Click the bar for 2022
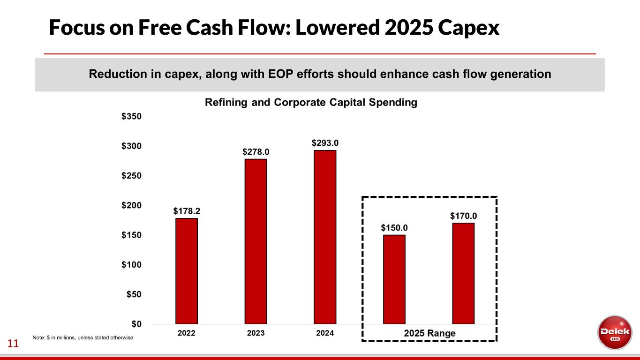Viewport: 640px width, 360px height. point(187,271)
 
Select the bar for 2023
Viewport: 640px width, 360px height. point(256,241)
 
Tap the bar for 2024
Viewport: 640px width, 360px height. point(325,237)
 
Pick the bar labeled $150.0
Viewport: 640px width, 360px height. point(394,279)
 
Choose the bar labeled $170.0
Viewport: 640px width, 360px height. point(463,273)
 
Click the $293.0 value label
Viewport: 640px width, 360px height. point(325,142)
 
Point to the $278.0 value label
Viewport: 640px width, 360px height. point(256,151)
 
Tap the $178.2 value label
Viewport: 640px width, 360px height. point(187,211)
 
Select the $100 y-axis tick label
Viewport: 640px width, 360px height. point(132,265)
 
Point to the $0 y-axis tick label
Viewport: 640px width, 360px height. point(136,324)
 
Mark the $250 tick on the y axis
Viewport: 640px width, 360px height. point(132,176)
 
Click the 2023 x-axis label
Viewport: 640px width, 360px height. point(256,333)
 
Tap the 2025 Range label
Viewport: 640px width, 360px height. point(429,334)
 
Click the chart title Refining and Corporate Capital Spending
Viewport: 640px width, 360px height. point(311,103)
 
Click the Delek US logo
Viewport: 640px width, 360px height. point(614,332)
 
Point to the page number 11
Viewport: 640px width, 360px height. point(13,344)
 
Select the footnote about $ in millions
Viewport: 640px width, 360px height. point(83,337)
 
